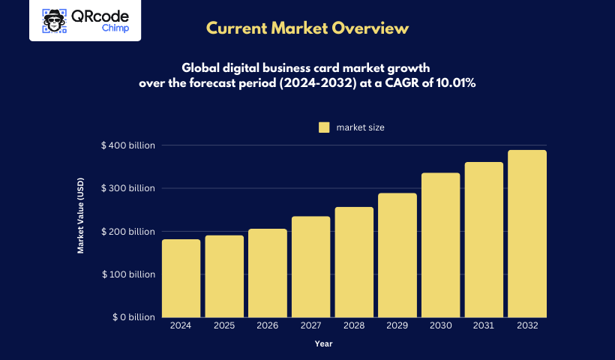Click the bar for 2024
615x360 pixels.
tap(181, 278)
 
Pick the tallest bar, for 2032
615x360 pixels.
tap(527, 233)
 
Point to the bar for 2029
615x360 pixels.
tap(397, 255)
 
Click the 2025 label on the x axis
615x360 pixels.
tap(223, 326)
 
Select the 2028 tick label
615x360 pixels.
tap(353, 326)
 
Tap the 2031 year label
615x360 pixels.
tap(484, 326)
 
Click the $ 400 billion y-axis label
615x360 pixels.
tap(128, 145)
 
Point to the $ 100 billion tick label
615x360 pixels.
tap(128, 274)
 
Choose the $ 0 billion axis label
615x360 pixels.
tap(133, 318)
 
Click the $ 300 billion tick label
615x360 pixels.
tap(128, 188)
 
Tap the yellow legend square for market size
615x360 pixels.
tap(324, 127)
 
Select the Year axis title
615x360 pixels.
tap(323, 344)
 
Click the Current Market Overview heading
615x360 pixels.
tap(307, 28)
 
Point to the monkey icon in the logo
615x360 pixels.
tap(53, 20)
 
